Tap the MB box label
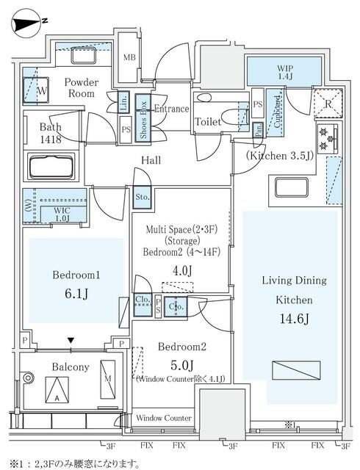coord(129,57)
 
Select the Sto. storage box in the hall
coord(142,197)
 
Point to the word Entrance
coord(171,108)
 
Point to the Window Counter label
coord(164,418)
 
